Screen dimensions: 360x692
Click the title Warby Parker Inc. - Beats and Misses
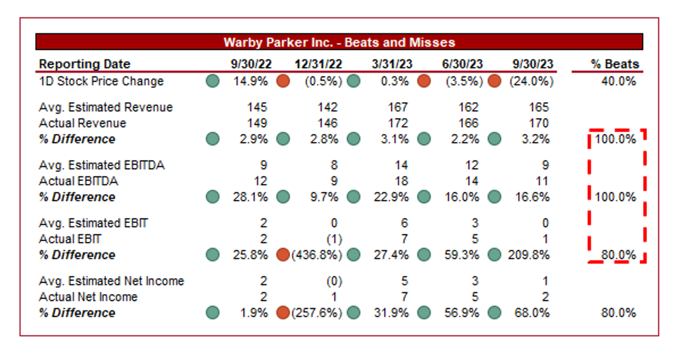[339, 42]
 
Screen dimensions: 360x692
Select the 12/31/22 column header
[318, 64]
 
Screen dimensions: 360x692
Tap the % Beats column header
[614, 64]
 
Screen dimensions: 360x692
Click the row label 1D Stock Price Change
[101, 81]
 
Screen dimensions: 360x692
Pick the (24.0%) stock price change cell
[531, 81]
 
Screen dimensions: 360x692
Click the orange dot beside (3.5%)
[424, 81]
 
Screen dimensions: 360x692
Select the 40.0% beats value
[618, 81]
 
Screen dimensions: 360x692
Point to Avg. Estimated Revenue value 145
[257, 107]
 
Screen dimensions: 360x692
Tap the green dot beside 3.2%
[494, 139]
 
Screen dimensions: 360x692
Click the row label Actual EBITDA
[79, 181]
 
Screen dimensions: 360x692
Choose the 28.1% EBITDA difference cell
[250, 197]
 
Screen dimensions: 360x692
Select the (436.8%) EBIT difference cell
[317, 255]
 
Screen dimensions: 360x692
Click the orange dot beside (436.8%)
[283, 255]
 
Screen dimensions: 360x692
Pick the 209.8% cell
[528, 255]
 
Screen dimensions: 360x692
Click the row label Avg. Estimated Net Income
[111, 281]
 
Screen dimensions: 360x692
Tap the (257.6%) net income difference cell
[317, 313]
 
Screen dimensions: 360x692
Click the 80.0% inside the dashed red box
[618, 255]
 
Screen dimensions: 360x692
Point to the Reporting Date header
[84, 64]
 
